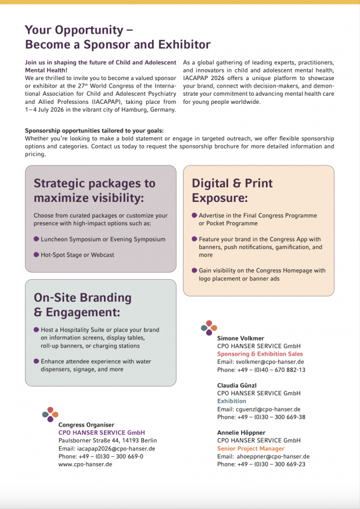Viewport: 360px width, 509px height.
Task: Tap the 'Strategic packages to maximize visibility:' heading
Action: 95,190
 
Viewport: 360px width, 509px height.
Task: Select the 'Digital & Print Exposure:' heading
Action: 232,190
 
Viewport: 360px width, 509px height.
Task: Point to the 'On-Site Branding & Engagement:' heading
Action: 83,305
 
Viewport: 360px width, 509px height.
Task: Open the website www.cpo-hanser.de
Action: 85,464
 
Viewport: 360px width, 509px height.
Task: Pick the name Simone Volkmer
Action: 240,338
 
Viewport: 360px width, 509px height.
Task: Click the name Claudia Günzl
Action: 237,385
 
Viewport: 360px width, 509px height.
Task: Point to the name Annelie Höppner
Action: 242,432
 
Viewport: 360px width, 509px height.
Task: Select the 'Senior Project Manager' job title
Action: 251,449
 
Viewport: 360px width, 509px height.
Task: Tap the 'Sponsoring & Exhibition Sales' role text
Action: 260,353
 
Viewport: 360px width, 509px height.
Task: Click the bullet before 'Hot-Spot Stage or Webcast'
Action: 37,254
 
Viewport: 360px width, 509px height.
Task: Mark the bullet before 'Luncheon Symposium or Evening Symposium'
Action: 37,239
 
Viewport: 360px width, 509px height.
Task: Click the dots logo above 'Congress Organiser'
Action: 50,414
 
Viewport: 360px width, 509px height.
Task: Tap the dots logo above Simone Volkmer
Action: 209,328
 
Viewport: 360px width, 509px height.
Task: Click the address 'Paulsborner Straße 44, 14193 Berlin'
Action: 107,440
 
